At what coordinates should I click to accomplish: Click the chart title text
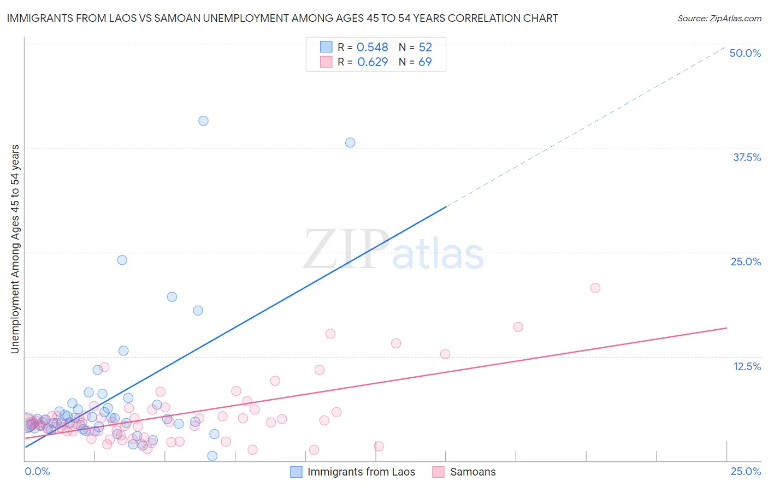tap(282, 18)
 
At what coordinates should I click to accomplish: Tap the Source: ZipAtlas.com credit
tap(719, 18)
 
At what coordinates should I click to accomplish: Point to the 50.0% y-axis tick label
tap(745, 53)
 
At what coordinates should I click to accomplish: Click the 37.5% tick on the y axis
tap(746, 157)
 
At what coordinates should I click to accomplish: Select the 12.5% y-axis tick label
tap(747, 366)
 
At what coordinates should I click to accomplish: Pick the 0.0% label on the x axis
tap(37, 471)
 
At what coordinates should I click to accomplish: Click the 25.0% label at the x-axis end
tap(746, 471)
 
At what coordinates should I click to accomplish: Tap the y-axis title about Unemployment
tap(15, 249)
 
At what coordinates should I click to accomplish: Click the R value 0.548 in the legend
tap(373, 47)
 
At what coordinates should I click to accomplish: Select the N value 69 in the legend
tap(425, 62)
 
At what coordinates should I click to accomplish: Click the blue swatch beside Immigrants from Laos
tap(296, 472)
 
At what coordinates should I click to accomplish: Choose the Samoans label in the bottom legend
tap(472, 472)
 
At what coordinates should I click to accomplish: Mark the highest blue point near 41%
tap(203, 121)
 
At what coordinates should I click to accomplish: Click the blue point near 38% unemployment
tap(350, 142)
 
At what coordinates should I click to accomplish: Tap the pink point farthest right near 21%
tap(595, 288)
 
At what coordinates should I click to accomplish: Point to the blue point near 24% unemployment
tap(122, 260)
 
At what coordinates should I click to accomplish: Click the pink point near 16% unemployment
tap(518, 326)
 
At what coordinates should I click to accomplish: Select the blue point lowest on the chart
tap(212, 455)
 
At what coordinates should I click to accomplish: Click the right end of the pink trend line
tap(726, 328)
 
